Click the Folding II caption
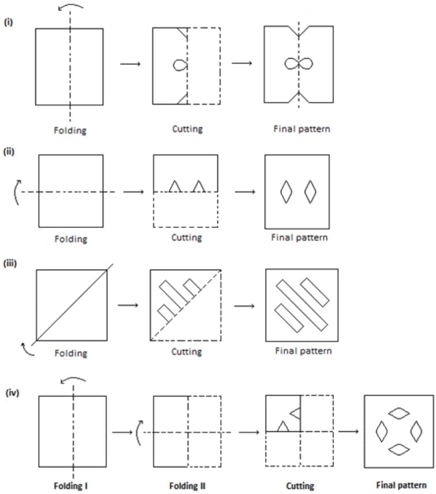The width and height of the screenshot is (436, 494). click(x=187, y=485)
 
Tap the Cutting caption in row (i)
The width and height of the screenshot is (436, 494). click(x=187, y=129)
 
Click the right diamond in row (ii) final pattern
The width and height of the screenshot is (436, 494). click(x=310, y=192)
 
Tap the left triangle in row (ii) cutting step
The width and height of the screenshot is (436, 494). click(x=175, y=186)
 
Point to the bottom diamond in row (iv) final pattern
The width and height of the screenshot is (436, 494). click(x=399, y=450)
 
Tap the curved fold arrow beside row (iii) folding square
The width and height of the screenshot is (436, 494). click(x=27, y=347)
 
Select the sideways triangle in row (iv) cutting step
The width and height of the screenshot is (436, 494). click(x=295, y=413)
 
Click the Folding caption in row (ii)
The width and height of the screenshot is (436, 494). click(x=70, y=239)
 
